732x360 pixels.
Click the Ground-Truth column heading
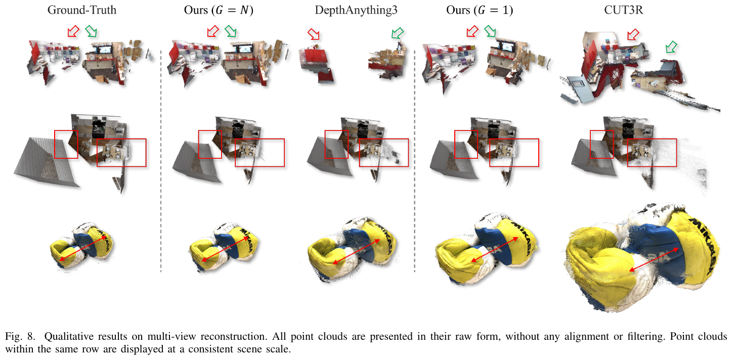[x=81, y=10]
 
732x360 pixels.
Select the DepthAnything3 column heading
[x=356, y=10]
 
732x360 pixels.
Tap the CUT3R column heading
[x=623, y=10]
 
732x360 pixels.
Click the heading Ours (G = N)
[x=219, y=10]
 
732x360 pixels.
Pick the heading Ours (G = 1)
[x=480, y=10]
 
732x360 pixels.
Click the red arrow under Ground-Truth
[x=73, y=31]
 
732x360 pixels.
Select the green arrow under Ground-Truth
[x=91, y=31]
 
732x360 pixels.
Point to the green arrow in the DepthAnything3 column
[x=398, y=33]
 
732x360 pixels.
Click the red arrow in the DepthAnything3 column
[x=314, y=34]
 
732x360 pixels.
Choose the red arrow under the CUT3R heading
[x=633, y=34]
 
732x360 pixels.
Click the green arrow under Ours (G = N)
[x=231, y=31]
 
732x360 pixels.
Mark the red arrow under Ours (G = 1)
[x=472, y=31]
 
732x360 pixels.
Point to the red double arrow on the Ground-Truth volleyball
[x=82, y=248]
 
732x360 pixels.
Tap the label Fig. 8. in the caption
[x=20, y=336]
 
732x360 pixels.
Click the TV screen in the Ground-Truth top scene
[x=105, y=50]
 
